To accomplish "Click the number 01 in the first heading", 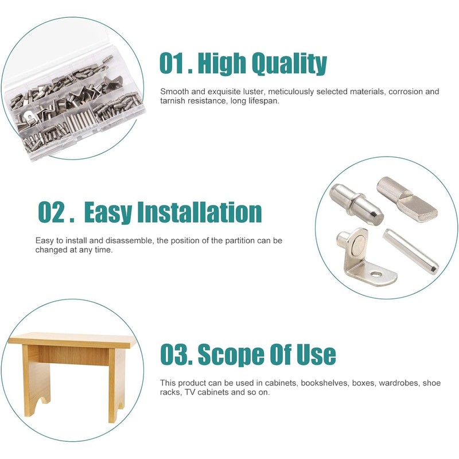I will pyautogui.click(x=174, y=64).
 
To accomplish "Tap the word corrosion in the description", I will pyautogui.click(x=402, y=92).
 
